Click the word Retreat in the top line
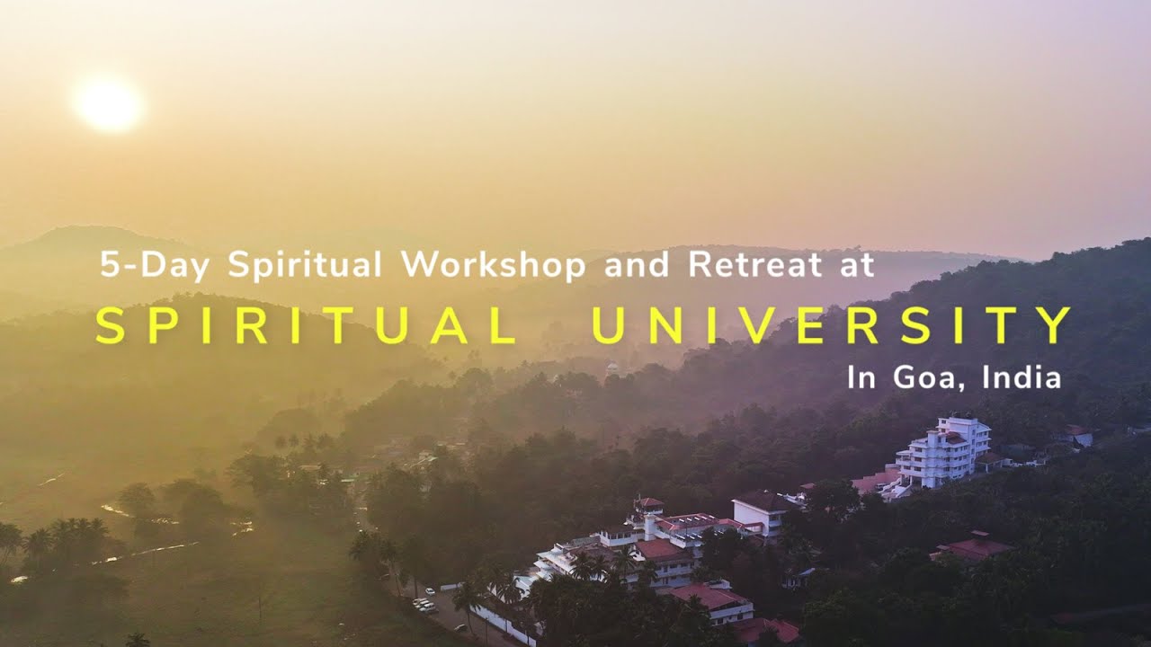754,266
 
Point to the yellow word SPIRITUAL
306,326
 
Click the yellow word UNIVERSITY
832,326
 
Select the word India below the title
1022,377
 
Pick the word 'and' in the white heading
637,266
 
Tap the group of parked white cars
424,605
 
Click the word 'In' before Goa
861,377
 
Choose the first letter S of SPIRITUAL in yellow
109,326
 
